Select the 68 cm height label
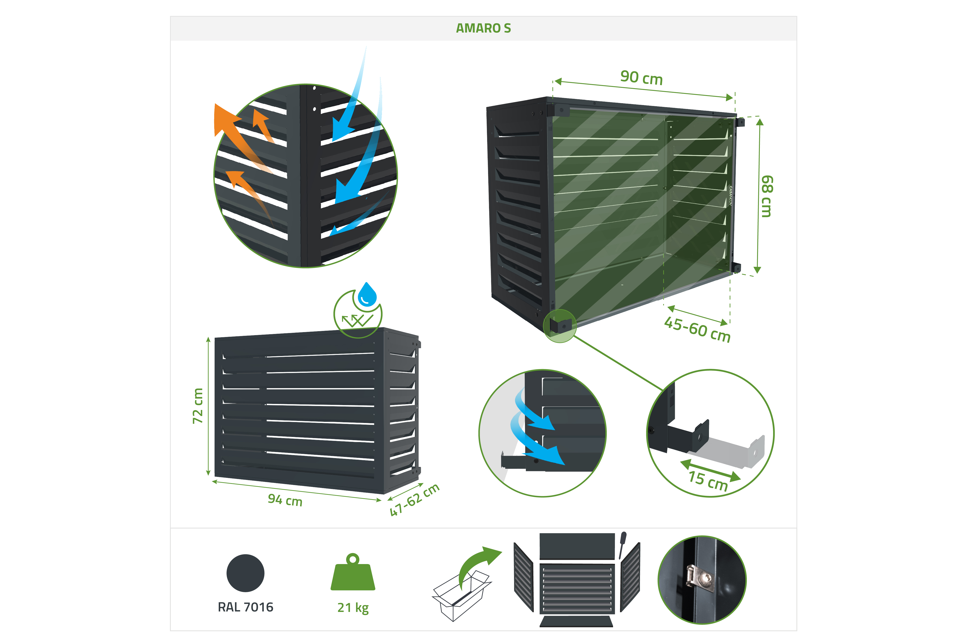tap(766, 196)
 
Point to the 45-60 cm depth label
tap(697, 329)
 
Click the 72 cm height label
tap(198, 405)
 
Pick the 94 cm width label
tap(285, 500)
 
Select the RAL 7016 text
tap(246, 607)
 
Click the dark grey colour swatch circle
tap(246, 573)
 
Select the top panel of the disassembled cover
tap(577, 546)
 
